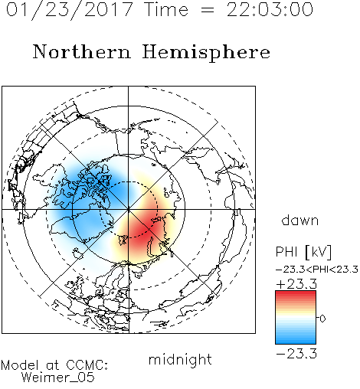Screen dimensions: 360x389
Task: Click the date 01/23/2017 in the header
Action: click(70, 10)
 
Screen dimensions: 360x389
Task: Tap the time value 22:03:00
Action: click(270, 10)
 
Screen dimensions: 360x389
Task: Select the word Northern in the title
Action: click(82, 52)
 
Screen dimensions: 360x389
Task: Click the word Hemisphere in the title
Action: click(206, 53)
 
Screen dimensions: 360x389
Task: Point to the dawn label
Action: click(300, 220)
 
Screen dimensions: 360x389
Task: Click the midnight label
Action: click(180, 359)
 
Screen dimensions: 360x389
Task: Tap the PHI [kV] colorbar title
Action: click(303, 252)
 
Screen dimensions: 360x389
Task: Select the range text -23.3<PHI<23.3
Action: click(317, 270)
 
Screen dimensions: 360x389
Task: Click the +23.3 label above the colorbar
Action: click(296, 284)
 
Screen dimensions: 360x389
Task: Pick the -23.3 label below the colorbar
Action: click(296, 354)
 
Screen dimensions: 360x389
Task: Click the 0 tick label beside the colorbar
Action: click(322, 319)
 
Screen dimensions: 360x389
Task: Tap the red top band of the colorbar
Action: click(296, 296)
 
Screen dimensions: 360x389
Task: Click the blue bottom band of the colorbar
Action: click(296, 339)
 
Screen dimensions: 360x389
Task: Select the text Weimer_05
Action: click(58, 378)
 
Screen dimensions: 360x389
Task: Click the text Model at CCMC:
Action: click(54, 365)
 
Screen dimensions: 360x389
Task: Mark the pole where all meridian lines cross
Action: click(129, 210)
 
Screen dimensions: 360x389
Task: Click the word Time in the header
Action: click(166, 10)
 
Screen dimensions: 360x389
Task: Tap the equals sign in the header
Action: click(208, 10)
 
